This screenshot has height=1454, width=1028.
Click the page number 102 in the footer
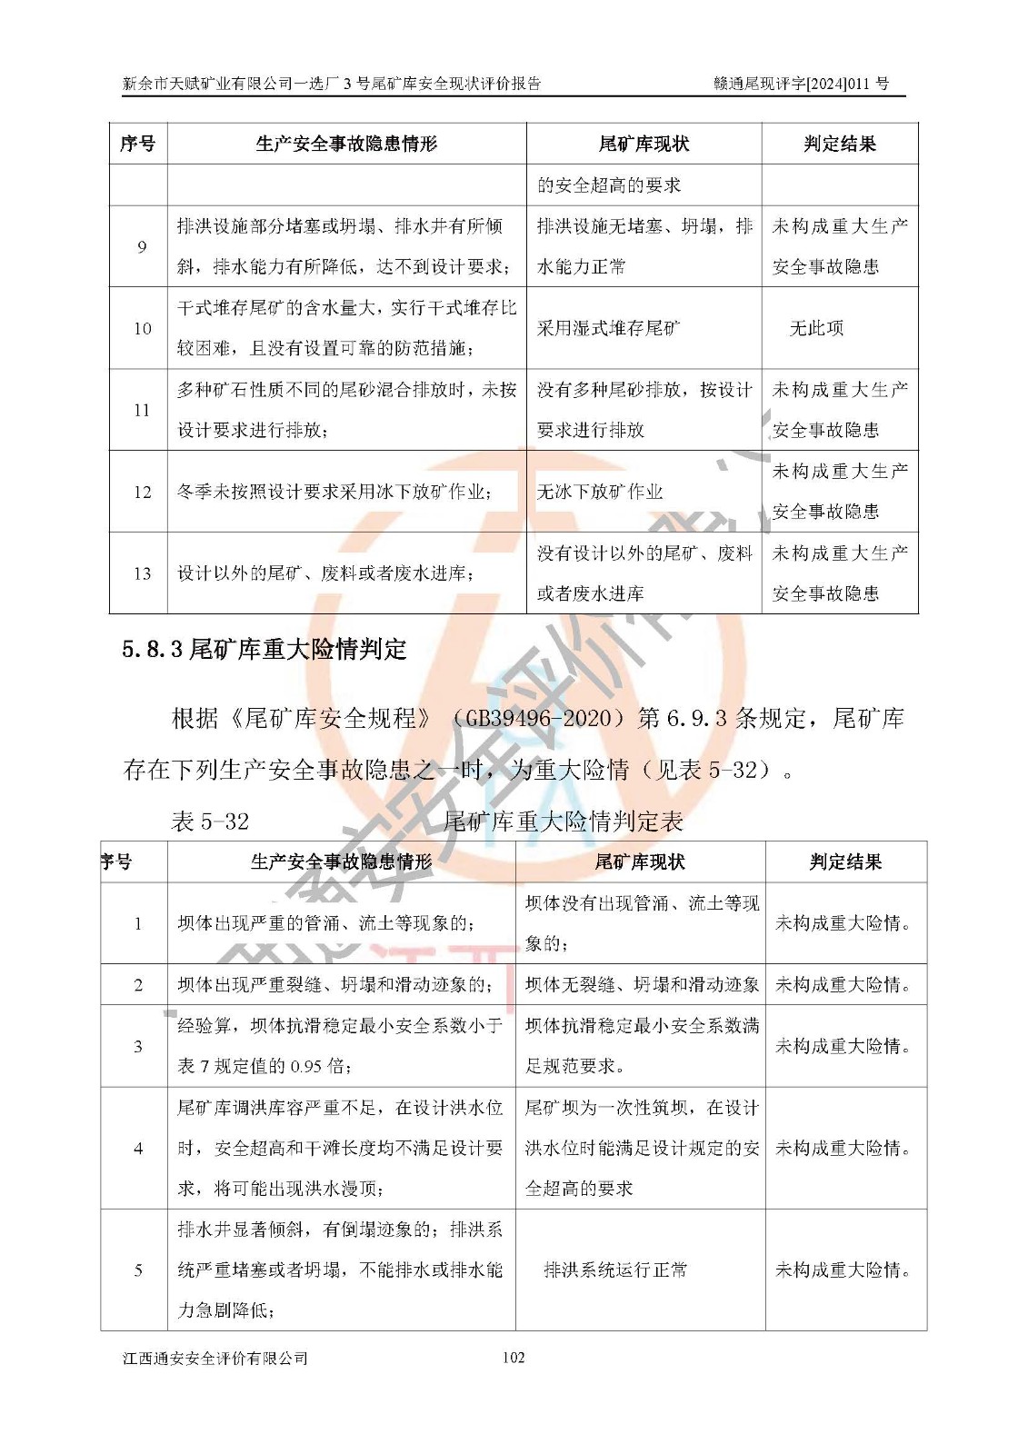coord(514,1357)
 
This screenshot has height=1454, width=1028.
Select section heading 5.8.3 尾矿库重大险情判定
coord(264,649)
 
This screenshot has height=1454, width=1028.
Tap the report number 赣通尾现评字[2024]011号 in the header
coord(801,84)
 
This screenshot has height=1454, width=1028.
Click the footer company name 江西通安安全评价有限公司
coord(215,1358)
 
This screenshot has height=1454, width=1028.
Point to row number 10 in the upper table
coord(142,328)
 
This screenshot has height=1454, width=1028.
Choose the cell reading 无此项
coord(817,328)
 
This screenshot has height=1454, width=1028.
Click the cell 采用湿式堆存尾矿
coord(608,328)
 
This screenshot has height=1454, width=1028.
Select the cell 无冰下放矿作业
coord(600,492)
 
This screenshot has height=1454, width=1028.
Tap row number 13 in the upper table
coord(142,573)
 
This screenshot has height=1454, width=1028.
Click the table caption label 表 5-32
coord(210,822)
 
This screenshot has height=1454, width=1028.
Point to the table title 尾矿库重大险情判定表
coord(563,822)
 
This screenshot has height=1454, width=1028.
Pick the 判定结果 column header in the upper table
coord(840,144)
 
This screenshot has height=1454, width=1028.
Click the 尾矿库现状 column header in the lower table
coord(640,861)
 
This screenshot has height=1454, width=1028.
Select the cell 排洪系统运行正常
coord(615,1270)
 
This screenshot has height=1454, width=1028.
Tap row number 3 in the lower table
coord(138,1046)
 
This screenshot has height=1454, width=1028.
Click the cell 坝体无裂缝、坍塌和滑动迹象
coord(642,984)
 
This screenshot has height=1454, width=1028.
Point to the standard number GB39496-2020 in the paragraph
coord(537,718)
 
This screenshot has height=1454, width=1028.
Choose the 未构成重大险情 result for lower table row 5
coord(843,1270)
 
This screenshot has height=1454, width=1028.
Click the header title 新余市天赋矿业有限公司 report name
coord(332,84)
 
